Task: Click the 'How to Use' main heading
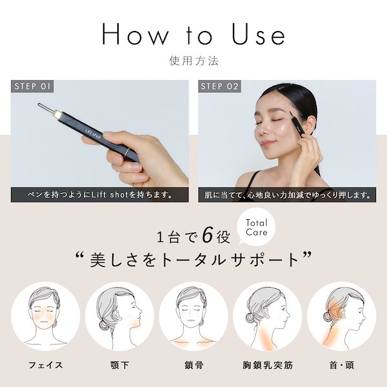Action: tap(193, 35)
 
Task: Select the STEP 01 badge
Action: tap(34, 86)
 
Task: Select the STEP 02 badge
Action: tap(220, 86)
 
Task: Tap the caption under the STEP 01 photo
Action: tap(99, 194)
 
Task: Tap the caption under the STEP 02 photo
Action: tap(287, 194)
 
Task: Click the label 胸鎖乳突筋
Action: tap(267, 366)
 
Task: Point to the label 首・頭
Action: tap(341, 366)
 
